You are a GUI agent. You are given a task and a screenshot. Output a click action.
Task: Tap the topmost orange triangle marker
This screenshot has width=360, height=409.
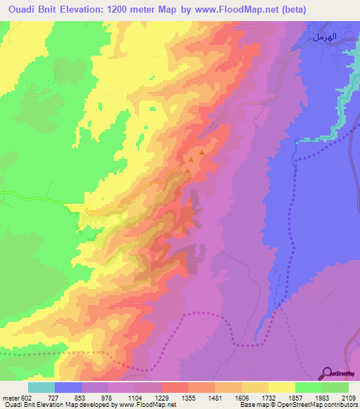click(x=202, y=152)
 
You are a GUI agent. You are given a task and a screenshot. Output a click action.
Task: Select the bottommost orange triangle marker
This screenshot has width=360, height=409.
click(x=188, y=170)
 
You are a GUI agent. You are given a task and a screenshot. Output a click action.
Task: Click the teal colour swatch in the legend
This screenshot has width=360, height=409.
click(x=41, y=387)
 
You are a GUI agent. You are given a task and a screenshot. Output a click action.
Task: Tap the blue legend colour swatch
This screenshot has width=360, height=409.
click(x=68, y=387)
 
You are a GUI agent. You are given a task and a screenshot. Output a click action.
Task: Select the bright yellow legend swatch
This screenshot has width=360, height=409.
click(x=281, y=387)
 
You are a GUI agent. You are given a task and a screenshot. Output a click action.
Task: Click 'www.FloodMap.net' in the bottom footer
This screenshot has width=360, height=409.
click(x=149, y=405)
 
